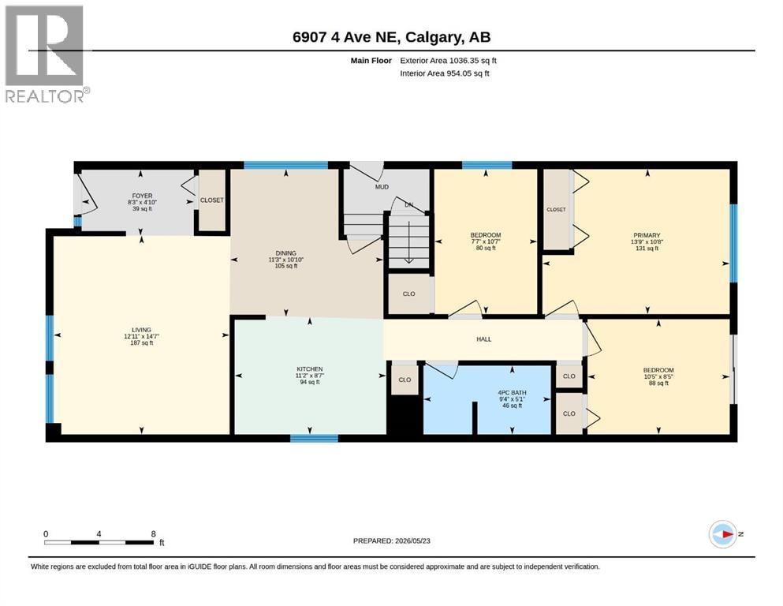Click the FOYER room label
tap(142, 196)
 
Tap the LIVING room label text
tap(141, 330)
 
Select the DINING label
tap(286, 253)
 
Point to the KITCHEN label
tap(310, 369)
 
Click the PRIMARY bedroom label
tap(647, 235)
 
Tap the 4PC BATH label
tap(512, 393)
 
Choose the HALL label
tap(484, 339)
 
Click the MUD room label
tap(382, 187)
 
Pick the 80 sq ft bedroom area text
tap(486, 248)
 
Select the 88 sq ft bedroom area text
tap(658, 383)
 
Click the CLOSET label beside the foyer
tap(212, 200)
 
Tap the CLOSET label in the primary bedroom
tap(556, 209)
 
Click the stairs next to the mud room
tap(408, 241)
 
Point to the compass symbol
tap(723, 534)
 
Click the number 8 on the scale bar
tap(153, 533)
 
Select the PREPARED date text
tap(391, 541)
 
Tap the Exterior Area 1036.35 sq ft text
tap(448, 61)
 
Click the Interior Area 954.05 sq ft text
tap(445, 73)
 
